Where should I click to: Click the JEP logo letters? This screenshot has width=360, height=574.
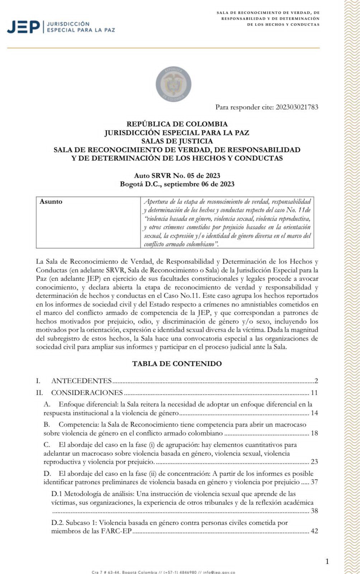coord(23,27)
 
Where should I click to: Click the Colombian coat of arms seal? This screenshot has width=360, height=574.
coord(174,84)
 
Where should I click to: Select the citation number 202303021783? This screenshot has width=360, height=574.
coord(297,107)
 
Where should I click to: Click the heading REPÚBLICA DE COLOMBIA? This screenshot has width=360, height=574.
coord(177,124)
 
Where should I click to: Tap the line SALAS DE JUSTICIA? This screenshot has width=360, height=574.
coord(177,141)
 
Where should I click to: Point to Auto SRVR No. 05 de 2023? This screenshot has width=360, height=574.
coord(177,175)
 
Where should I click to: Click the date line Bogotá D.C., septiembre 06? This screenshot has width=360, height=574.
coord(177,184)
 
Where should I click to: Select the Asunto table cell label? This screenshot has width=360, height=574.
coord(51,202)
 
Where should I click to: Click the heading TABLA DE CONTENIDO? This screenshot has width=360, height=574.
coord(177,363)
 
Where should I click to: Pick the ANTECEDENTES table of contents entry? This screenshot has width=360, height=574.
coord(81,381)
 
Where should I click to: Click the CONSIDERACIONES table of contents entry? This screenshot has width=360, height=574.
coord(87,392)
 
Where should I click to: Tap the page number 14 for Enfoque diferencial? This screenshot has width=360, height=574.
coord(314,413)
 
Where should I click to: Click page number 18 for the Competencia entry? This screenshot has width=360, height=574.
coord(314,433)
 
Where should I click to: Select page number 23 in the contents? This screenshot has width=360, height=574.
coord(314,462)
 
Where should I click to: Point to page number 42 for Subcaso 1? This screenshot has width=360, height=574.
coord(314,531)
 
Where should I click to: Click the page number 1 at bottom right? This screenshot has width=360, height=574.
coord(327,561)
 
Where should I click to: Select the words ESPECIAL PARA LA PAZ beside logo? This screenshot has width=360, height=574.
coord(81,30)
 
